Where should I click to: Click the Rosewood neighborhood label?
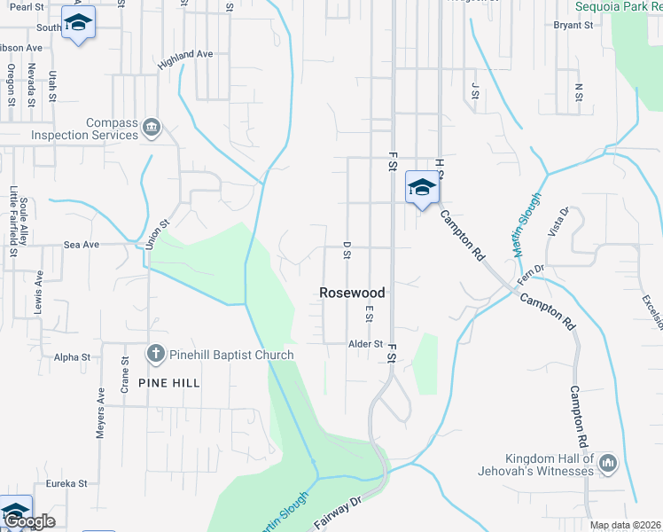(352, 293)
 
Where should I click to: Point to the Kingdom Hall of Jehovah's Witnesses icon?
(608, 463)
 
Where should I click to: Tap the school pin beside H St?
(422, 187)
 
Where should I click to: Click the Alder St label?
(365, 344)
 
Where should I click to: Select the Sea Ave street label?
(81, 244)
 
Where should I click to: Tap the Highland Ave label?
(186, 59)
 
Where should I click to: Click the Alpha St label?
(73, 357)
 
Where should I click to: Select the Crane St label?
(125, 374)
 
